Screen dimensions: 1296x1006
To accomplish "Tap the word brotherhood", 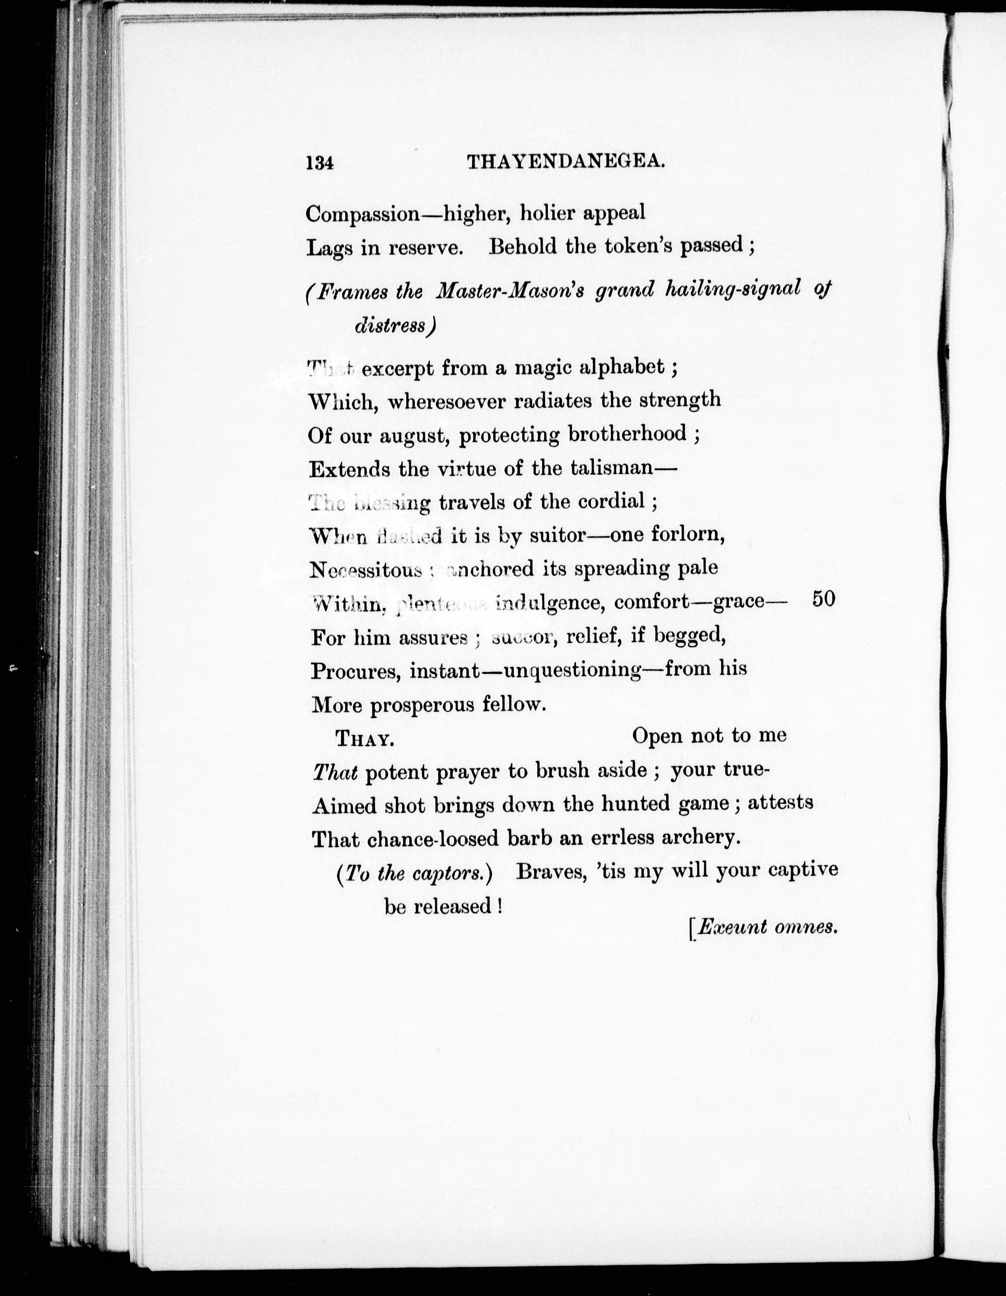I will tap(627, 435).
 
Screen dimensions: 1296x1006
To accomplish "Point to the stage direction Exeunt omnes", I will tap(767, 927).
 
